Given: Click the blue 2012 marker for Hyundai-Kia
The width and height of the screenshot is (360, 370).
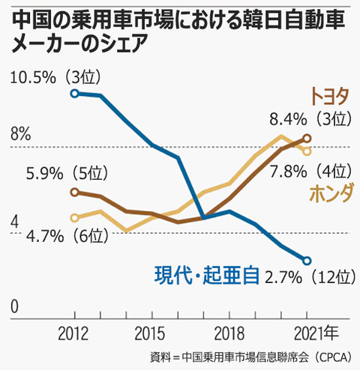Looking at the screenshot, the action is (x=74, y=94).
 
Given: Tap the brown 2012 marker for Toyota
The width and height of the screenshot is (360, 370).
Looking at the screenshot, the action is (x=74, y=192).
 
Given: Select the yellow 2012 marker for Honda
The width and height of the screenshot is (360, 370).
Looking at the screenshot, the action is (x=74, y=218).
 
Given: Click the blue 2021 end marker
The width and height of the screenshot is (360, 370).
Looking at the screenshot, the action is (x=307, y=261).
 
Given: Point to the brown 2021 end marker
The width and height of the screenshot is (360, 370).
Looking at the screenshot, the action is (x=307, y=138).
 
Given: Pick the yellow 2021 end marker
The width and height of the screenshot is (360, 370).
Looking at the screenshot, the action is (x=307, y=151).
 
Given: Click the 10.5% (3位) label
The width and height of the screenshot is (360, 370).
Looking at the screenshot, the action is (x=55, y=77).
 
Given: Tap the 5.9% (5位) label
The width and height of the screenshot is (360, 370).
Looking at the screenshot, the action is (x=67, y=173).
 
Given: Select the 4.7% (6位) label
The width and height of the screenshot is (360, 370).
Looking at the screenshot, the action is (x=67, y=236).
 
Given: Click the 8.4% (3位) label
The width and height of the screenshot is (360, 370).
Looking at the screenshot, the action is (x=310, y=119).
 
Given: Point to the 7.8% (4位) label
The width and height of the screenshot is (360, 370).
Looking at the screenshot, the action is (x=310, y=172).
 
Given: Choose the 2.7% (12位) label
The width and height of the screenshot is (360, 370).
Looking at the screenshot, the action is (x=310, y=277).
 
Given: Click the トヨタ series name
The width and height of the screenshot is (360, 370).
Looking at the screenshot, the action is (x=330, y=97).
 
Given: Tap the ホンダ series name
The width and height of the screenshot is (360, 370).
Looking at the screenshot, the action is (x=331, y=192).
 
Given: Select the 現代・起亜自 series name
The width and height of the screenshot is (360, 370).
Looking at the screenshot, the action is (x=206, y=276).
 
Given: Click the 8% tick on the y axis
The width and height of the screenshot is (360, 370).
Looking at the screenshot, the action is (x=20, y=134).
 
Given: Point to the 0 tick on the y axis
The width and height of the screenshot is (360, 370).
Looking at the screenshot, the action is (x=14, y=306).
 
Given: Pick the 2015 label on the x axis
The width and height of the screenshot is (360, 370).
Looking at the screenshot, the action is (x=150, y=333).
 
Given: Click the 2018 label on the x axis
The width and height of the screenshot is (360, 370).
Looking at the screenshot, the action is (x=229, y=333).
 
